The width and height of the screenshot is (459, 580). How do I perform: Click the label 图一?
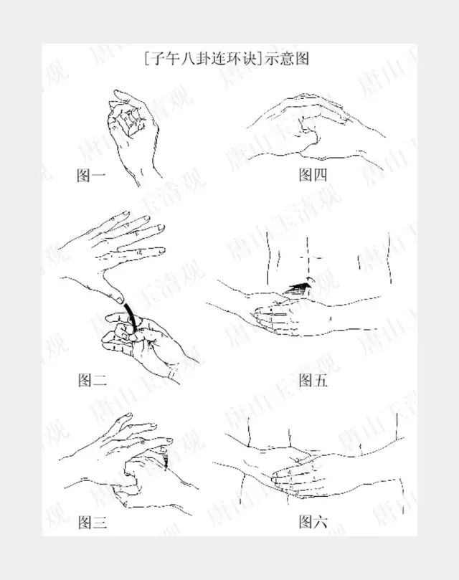tap(91, 175)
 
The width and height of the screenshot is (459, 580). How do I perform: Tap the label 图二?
tap(92, 381)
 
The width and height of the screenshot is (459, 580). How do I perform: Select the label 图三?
tap(92, 522)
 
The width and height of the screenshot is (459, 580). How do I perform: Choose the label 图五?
tap(313, 380)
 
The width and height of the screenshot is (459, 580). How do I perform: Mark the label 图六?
tap(313, 521)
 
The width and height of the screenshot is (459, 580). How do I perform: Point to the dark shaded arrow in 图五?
tap(299, 288)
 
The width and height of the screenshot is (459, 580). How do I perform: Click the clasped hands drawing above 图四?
tap(316, 129)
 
